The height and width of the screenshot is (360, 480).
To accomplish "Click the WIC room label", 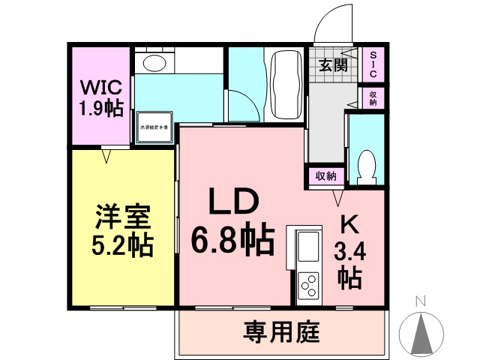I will [x=102, y=85].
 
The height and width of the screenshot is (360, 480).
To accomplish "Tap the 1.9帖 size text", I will [x=103, y=108].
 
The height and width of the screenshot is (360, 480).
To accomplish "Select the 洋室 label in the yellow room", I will [x=124, y=217].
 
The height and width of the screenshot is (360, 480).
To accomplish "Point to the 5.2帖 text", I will [x=124, y=245].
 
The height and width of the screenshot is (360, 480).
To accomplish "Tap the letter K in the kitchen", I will [x=349, y=225].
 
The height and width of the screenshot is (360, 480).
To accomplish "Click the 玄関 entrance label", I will [x=332, y=65].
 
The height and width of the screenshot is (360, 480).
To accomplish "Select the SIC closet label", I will [x=373, y=64].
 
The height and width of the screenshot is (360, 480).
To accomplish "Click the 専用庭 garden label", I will [x=281, y=330].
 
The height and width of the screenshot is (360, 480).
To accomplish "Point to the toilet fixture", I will [x=367, y=166].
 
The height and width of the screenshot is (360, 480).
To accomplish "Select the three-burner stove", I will [x=308, y=286].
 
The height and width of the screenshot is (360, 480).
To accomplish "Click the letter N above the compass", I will [x=421, y=301].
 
